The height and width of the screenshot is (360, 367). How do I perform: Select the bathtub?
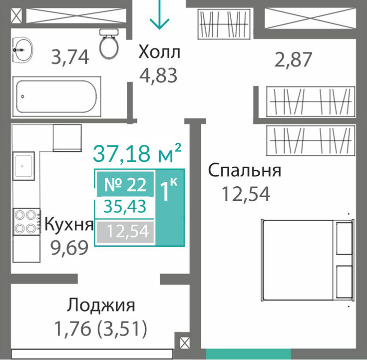pos(56,96)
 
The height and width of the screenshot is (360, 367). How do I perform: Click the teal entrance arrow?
pos(159,14)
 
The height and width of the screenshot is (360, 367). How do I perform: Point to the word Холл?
pos(159,52)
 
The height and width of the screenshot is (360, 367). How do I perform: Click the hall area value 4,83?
pos(158,75)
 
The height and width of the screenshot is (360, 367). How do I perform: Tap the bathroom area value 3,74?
pos(70,57)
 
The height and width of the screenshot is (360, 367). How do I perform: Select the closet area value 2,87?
pos(293,60)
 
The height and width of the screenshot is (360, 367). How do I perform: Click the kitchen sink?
pos(23,166)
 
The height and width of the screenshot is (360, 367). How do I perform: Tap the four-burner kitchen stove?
pos(26,221)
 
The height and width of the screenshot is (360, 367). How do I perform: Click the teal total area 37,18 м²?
pos(137,154)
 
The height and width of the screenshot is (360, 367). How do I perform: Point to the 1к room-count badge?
pos(170,207)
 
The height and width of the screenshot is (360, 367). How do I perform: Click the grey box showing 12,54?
pos(125,232)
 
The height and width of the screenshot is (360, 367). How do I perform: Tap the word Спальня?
pos(245,171)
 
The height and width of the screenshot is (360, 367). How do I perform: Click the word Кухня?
pos(69,224)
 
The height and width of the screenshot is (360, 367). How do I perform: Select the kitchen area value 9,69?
pos(70,248)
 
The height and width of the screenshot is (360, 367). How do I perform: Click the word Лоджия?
pos(101,305)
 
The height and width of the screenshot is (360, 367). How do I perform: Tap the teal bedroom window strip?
pos(248,354)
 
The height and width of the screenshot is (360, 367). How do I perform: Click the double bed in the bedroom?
pos(307,260)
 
